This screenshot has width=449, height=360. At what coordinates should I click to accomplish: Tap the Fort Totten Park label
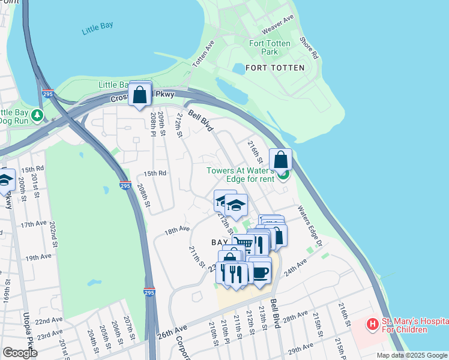tap(270, 47)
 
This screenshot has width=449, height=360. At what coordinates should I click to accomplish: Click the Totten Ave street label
tap(203, 54)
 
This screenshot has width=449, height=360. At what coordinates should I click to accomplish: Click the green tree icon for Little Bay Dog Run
tap(38, 115)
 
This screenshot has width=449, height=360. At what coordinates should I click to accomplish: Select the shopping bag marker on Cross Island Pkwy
tap(140, 95)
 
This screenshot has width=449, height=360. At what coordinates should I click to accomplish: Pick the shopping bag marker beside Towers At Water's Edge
tap(280, 160)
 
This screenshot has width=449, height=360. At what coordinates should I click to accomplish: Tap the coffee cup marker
tap(259, 271)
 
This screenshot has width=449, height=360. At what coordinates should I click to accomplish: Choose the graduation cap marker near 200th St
tap(5, 181)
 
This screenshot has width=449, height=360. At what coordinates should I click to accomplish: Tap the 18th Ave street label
tap(177, 229)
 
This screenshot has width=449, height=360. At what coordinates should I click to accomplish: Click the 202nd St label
tap(53, 230)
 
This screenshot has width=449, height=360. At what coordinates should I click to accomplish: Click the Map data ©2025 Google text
tap(412, 355)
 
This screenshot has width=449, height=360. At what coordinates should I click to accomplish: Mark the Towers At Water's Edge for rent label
tap(240, 175)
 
